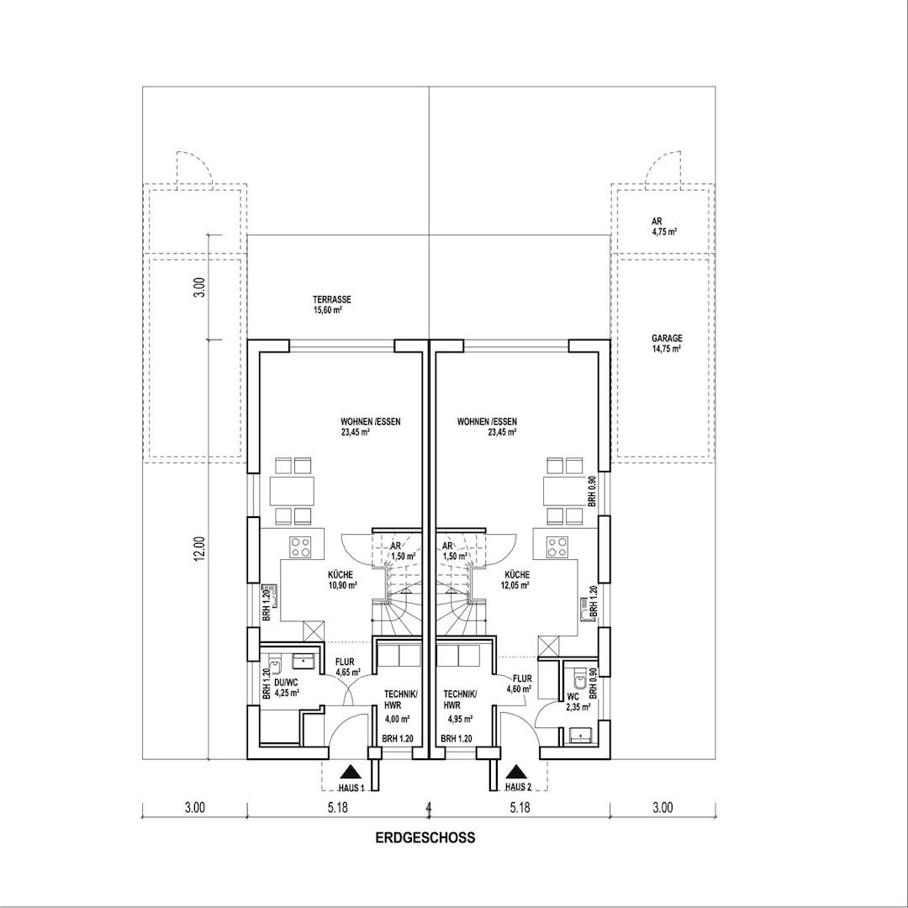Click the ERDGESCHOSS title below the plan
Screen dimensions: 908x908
(425, 837)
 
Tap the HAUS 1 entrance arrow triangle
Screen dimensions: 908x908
(350, 772)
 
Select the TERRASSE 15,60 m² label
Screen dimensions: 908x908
(331, 304)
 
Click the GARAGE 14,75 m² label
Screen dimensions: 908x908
(666, 343)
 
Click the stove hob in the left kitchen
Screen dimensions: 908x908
(301, 548)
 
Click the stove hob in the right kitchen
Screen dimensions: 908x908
(556, 548)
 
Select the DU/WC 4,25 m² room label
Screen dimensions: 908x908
(287, 687)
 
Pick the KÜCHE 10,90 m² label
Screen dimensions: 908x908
(341, 580)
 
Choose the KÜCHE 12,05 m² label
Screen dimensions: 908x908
(517, 580)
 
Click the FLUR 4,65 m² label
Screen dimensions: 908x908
(347, 667)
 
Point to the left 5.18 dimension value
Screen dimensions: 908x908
(337, 809)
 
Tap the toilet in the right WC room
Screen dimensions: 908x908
(578, 678)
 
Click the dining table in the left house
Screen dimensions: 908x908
(292, 490)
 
